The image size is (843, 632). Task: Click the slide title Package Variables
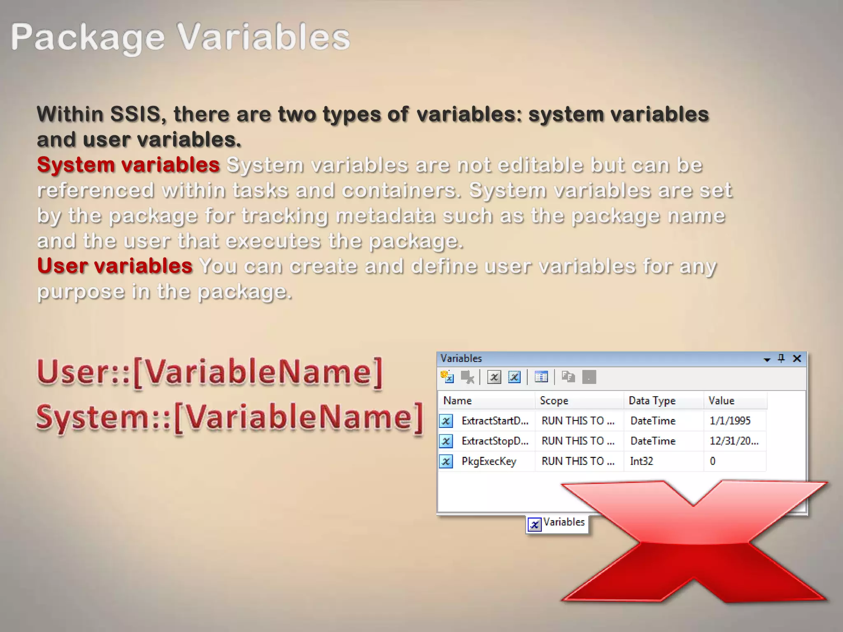click(x=180, y=37)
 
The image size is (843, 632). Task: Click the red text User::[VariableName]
click(x=210, y=372)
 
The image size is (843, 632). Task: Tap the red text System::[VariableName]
click(x=229, y=418)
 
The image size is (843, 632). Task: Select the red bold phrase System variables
click(x=128, y=165)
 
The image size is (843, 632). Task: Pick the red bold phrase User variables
click(x=115, y=266)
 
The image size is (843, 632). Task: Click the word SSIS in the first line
click(x=135, y=114)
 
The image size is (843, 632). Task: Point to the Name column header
click(x=457, y=401)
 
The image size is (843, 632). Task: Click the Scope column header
click(x=554, y=401)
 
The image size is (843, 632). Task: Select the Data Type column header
click(x=652, y=401)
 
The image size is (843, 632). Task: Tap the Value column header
click(x=721, y=401)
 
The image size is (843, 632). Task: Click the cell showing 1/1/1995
click(x=730, y=421)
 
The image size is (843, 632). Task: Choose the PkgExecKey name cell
click(x=489, y=461)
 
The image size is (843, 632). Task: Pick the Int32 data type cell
click(x=641, y=461)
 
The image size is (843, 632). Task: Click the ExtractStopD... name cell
click(x=495, y=441)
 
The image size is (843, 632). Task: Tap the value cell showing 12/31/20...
click(x=734, y=441)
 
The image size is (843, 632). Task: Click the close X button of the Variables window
click(x=797, y=358)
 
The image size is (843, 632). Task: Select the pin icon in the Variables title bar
click(x=781, y=358)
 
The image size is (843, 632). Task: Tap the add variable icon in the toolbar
click(x=447, y=377)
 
